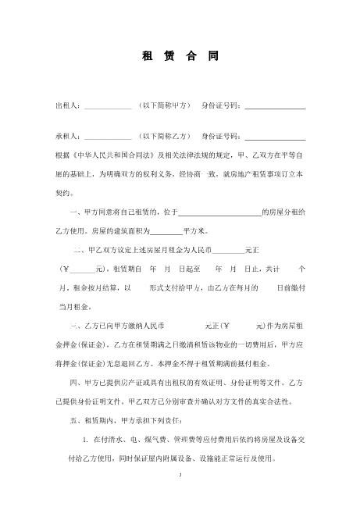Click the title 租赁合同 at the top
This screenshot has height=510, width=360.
coord(180,57)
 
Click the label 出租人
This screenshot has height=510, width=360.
coord(68,105)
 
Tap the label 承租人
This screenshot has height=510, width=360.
coord(68,134)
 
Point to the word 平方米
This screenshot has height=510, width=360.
coord(194,231)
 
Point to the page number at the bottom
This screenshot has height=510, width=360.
coord(180,475)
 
